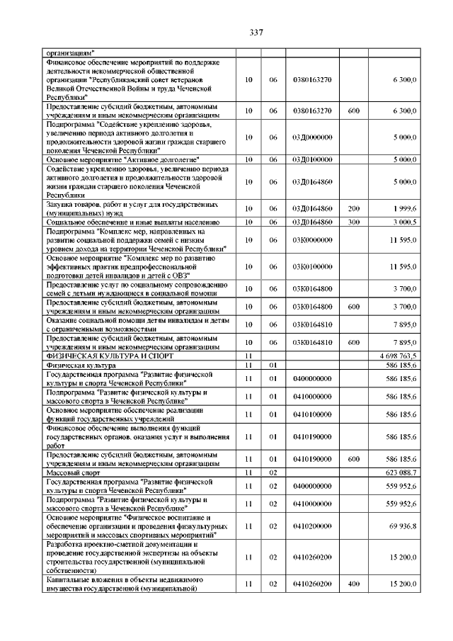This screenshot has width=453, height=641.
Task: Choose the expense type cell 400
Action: pos(354,584)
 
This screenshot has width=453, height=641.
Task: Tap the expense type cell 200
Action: pos(354,209)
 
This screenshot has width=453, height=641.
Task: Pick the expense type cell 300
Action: pos(354,222)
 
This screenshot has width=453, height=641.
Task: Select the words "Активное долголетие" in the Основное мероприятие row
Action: pos(166,160)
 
